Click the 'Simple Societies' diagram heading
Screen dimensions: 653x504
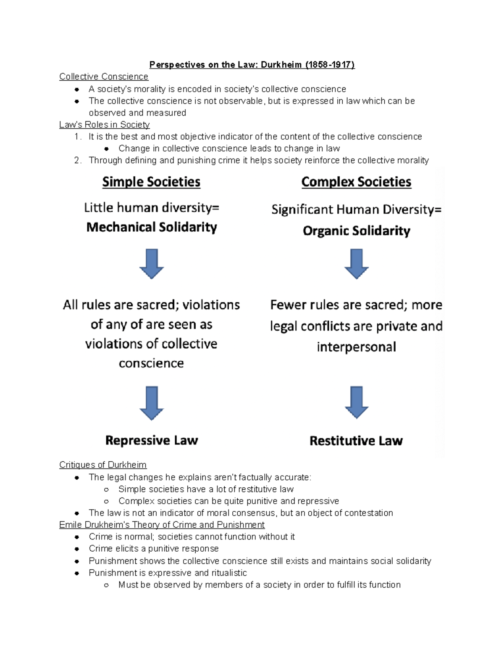(151, 182)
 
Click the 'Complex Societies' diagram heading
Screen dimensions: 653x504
(356, 182)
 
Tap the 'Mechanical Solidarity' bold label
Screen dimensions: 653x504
(151, 227)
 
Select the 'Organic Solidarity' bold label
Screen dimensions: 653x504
(356, 231)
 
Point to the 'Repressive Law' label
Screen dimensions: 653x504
(151, 440)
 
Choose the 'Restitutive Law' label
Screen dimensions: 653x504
(356, 441)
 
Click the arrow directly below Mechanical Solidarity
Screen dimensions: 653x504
(151, 264)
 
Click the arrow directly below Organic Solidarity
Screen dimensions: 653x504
(356, 264)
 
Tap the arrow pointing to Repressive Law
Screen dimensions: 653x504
(151, 403)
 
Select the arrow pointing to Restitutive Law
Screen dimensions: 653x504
(356, 402)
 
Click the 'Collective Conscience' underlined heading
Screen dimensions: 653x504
(104, 77)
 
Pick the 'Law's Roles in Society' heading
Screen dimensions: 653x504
(104, 124)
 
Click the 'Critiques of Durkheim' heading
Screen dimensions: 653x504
(103, 465)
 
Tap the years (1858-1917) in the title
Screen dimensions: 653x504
(330, 65)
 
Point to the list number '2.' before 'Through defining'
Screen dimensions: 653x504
(77, 160)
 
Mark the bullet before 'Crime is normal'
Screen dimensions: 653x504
(77, 537)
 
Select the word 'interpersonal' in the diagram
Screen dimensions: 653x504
(356, 347)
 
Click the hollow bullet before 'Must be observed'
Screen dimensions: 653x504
(107, 585)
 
